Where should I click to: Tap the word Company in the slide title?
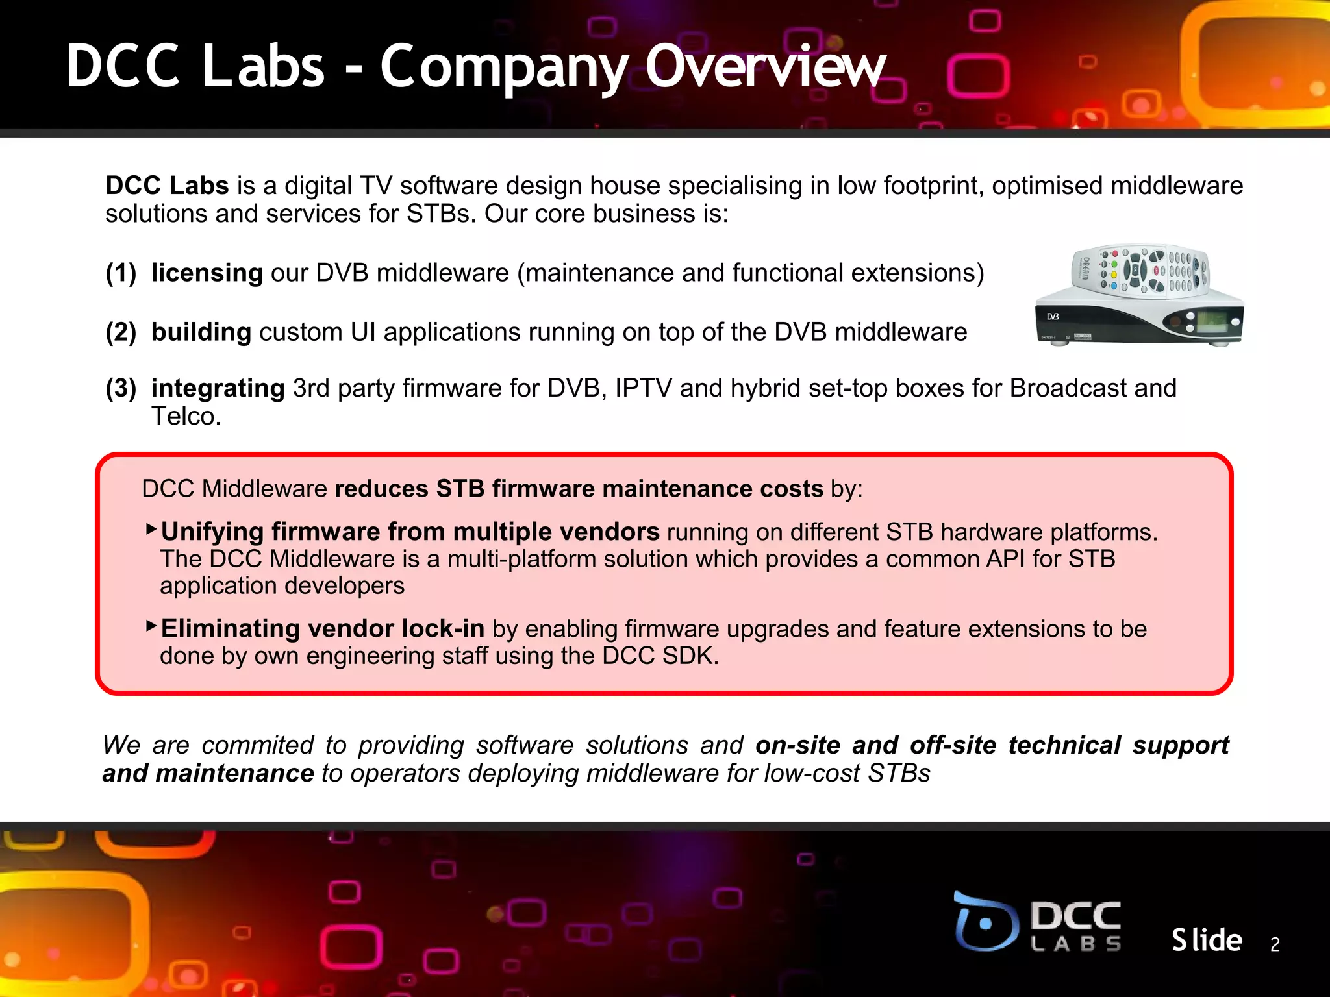click(504, 68)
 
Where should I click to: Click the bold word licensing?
click(207, 273)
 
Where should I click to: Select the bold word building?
click(201, 332)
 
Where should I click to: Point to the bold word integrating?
click(218, 388)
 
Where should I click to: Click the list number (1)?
click(121, 273)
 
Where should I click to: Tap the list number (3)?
click(121, 388)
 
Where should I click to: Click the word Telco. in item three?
click(186, 417)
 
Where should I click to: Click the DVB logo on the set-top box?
click(1053, 317)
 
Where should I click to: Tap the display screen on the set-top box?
click(1211, 321)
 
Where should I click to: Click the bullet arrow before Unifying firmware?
click(151, 529)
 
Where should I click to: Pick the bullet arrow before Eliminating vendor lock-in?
click(151, 626)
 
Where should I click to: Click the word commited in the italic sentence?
click(258, 745)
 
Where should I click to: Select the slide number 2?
click(1275, 944)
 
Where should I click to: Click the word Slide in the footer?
click(1207, 940)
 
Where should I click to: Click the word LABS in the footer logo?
click(1075, 944)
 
